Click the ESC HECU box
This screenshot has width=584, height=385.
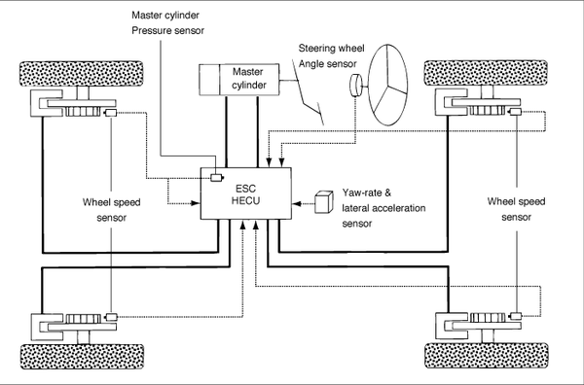pyautogui.click(x=246, y=193)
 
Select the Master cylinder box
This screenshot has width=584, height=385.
pyautogui.click(x=238, y=79)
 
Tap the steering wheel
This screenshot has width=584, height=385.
pyautogui.click(x=387, y=85)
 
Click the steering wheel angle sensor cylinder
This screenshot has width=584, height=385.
pyautogui.click(x=355, y=86)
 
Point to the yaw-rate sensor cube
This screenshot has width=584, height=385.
pyautogui.click(x=324, y=202)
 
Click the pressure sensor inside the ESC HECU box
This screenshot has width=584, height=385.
pyautogui.click(x=217, y=178)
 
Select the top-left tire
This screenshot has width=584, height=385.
pyautogui.click(x=81, y=74)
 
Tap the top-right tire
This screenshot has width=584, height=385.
pyautogui.click(x=486, y=73)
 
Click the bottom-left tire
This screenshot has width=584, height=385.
pyautogui.click(x=82, y=357)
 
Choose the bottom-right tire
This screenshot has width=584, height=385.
pyautogui.click(x=487, y=356)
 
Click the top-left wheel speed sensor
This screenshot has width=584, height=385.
pyautogui.click(x=111, y=113)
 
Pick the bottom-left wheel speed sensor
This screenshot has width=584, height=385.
pyautogui.click(x=112, y=317)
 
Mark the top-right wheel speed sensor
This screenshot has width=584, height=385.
pyautogui.click(x=516, y=112)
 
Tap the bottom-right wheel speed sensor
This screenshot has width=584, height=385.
pyautogui.click(x=516, y=316)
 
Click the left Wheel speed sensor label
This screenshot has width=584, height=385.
pyautogui.click(x=111, y=210)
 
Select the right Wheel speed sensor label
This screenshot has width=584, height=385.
pyautogui.click(x=516, y=209)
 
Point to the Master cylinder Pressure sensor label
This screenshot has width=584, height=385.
pyautogui.click(x=167, y=22)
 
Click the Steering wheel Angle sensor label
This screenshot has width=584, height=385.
pyautogui.click(x=331, y=55)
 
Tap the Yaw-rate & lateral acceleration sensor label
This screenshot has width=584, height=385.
pyautogui.click(x=383, y=208)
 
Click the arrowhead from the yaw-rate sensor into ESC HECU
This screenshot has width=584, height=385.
pyautogui.click(x=297, y=203)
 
